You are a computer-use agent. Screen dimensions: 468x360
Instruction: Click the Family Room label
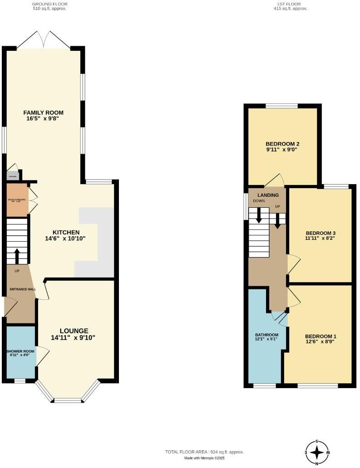pos(44,113)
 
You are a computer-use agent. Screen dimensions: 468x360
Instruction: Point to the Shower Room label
pos(20,351)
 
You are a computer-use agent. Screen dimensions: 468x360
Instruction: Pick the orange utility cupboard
pos(17,199)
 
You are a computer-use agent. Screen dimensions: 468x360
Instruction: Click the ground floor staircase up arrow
pos(17,256)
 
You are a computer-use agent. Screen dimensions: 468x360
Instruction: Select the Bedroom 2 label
pos(282,144)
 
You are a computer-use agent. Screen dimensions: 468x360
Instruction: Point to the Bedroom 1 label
pos(321,336)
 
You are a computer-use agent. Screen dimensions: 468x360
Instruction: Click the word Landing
pos(265,196)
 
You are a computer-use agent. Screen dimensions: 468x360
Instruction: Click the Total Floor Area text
pos(204,452)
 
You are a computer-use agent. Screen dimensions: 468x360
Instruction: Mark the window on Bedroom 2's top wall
pos(281,106)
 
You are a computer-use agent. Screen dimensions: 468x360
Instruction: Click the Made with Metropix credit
pos(204,458)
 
